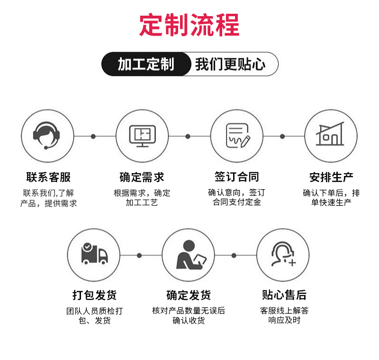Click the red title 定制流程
click(189, 25)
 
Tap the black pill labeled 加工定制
click(146, 64)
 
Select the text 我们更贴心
click(230, 64)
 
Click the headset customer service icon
click(48, 136)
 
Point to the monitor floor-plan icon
click(142, 136)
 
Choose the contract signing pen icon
click(237, 136)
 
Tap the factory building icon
click(331, 136)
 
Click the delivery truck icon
click(94, 255)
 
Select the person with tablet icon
click(189, 255)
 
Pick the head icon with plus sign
click(283, 255)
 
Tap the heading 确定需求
click(142, 177)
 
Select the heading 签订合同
click(237, 177)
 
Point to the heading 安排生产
click(331, 177)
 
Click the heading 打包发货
click(94, 295)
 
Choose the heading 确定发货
click(189, 295)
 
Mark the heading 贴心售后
click(284, 295)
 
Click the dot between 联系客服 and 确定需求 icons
click(93, 136)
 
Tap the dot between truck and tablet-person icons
click(139, 256)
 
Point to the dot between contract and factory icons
click(282, 136)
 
